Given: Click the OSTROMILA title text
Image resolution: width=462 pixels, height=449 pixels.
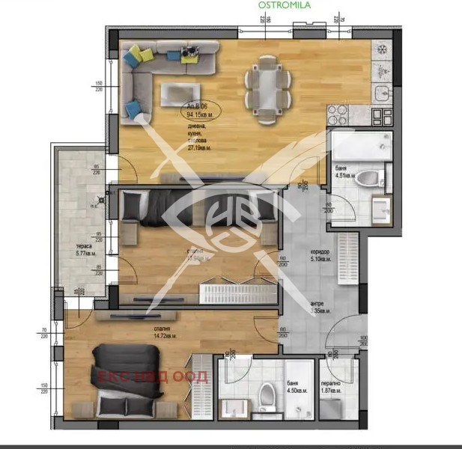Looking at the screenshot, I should coord(284,4).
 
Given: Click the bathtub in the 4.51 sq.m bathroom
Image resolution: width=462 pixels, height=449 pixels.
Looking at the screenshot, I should coord(360,145).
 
